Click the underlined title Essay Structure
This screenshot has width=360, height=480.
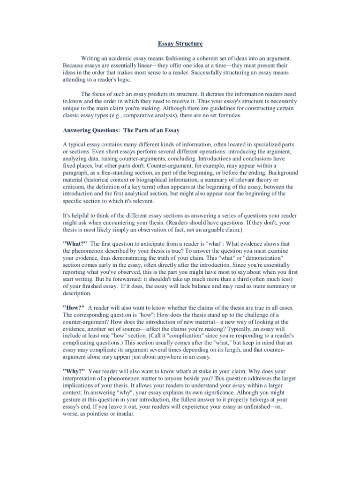[180, 44]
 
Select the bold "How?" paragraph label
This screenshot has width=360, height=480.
[74, 307]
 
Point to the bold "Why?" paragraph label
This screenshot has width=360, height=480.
[74, 371]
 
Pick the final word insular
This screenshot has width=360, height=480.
[125, 414]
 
